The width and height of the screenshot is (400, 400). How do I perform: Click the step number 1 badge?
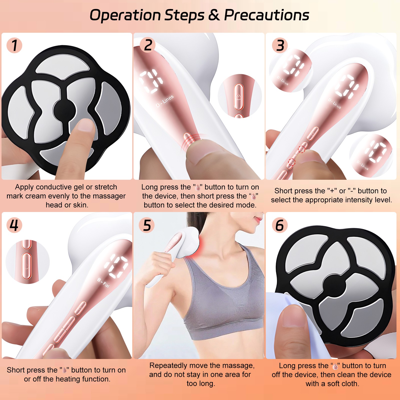[14, 45]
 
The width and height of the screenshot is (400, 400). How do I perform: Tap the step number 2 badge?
[148, 45]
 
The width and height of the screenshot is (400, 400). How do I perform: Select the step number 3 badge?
[280, 45]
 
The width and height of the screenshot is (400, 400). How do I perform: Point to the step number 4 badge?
[14, 225]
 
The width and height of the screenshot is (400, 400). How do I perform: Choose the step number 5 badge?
[147, 225]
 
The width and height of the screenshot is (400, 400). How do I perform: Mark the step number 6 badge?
[280, 225]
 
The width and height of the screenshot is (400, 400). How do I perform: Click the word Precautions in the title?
[266, 15]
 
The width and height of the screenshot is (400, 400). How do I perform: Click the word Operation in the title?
[125, 15]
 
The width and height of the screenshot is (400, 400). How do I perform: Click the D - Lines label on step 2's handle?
[164, 101]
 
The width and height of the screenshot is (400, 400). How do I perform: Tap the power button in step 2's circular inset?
[239, 97]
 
